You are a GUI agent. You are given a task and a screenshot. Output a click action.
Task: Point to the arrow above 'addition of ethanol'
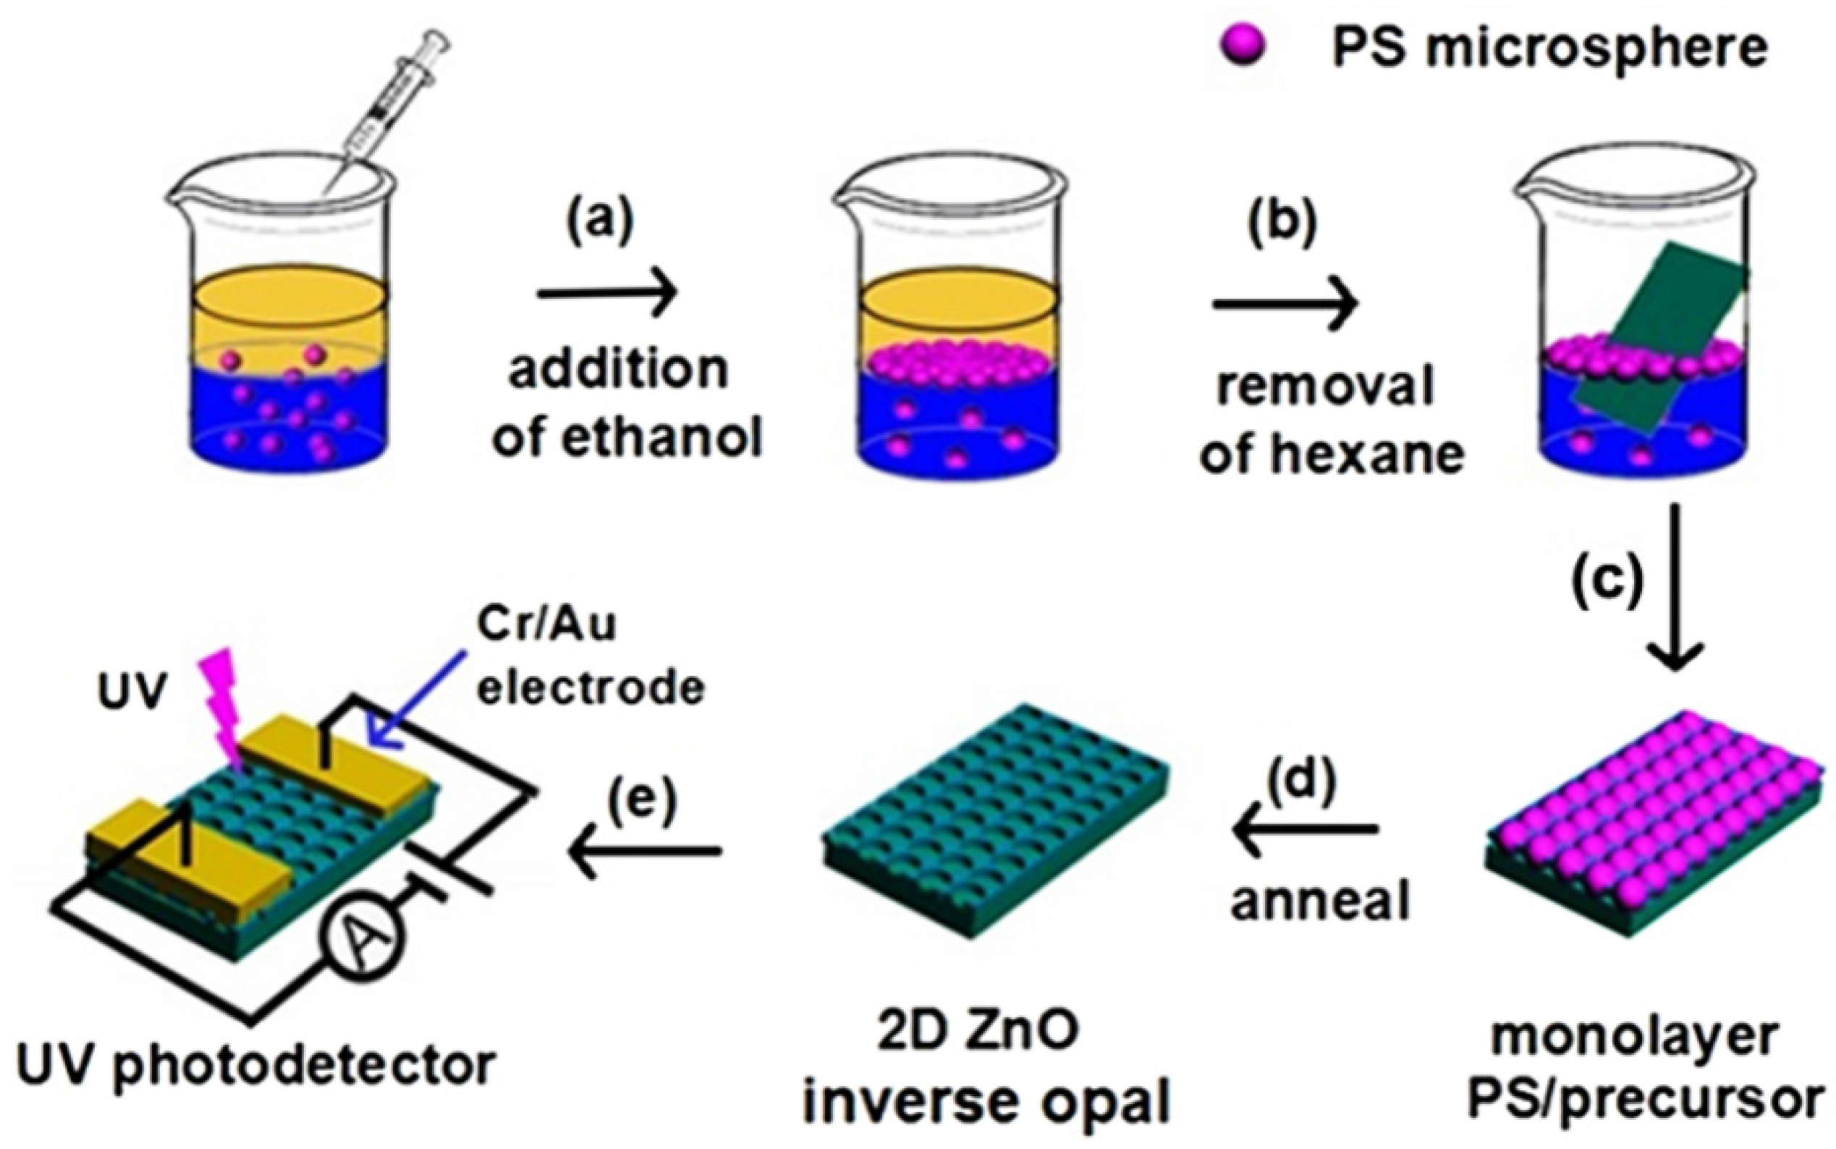click(x=606, y=292)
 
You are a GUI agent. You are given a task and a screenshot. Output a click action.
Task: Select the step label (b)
click(x=1284, y=225)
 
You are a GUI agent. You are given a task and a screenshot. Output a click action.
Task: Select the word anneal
click(x=1320, y=902)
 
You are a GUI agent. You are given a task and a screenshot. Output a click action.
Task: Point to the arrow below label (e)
click(x=644, y=850)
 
